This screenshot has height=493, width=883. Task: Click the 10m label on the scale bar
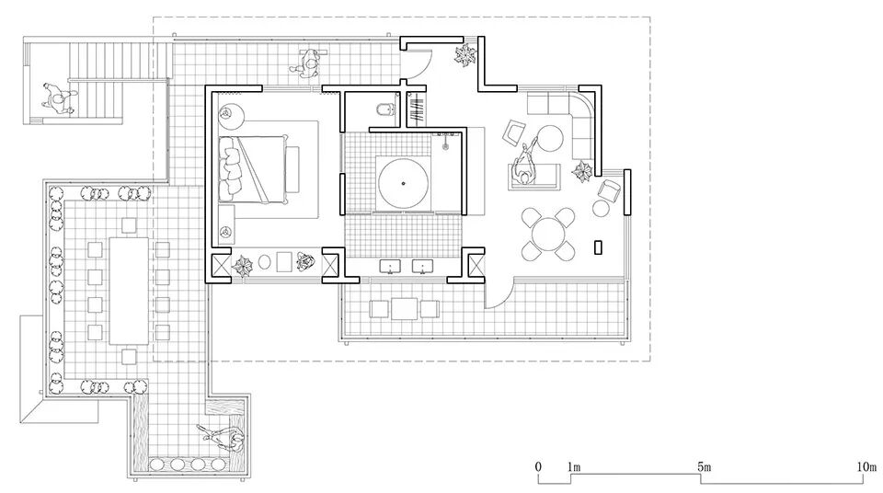click(x=866, y=468)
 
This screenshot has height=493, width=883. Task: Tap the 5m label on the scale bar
click(x=704, y=468)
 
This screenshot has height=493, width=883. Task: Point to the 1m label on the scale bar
click(x=574, y=468)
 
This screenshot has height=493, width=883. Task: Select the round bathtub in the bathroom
click(x=404, y=182)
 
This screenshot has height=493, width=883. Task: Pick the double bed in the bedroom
click(x=260, y=167)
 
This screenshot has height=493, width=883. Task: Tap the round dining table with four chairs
click(x=548, y=231)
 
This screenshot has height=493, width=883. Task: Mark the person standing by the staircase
click(x=58, y=97)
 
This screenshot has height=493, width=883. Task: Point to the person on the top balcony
click(x=307, y=63)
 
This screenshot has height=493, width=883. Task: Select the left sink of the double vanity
click(x=393, y=267)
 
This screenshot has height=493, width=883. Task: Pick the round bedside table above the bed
click(x=230, y=116)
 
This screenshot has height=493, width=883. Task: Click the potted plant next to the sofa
click(x=582, y=172)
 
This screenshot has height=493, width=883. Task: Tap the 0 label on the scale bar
click(x=538, y=468)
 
